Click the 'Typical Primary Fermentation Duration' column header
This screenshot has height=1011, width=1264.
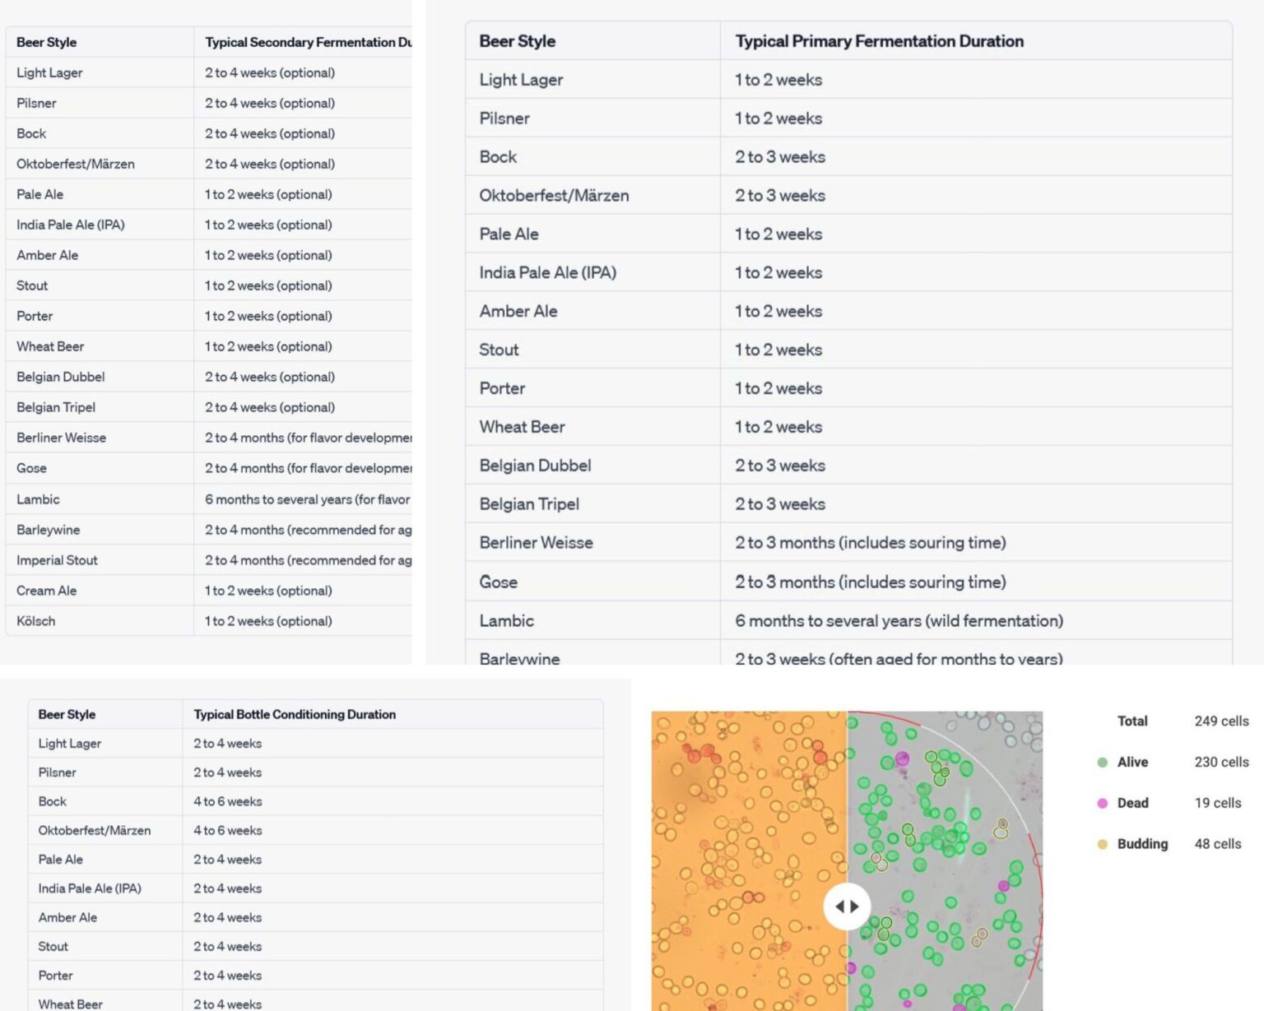(879, 41)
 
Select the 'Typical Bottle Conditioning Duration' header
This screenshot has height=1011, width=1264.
(295, 714)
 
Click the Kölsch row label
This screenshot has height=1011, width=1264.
(36, 621)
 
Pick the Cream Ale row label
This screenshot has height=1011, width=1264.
(46, 591)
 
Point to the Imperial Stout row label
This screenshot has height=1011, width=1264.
(57, 560)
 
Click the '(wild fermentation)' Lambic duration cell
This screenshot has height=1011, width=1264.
(899, 621)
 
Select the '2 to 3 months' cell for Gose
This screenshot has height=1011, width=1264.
(870, 582)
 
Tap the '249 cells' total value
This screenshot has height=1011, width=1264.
(1221, 721)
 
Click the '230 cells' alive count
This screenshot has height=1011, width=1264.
(1221, 762)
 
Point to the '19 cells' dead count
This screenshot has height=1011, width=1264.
(1218, 803)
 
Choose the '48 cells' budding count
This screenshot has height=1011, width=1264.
(1218, 844)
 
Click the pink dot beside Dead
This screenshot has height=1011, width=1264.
(1103, 803)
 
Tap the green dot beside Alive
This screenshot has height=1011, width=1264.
(1103, 763)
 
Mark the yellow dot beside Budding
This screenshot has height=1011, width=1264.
(1103, 844)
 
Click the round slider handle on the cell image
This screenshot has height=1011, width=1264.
(847, 907)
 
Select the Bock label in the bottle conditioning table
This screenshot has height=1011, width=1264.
(52, 801)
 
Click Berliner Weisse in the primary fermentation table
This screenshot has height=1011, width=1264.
(536, 543)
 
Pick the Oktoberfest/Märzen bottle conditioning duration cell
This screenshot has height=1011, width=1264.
(228, 831)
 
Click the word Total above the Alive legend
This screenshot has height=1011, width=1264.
(1132, 721)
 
